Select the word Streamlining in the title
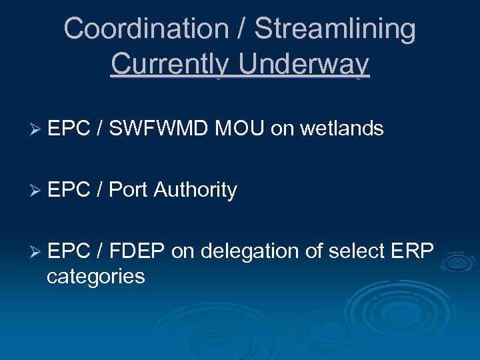[x=335, y=29]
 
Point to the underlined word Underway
[x=304, y=64]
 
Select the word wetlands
[x=342, y=128]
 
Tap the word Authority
[x=195, y=190]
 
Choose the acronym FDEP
[x=137, y=251]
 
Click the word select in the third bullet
[x=359, y=251]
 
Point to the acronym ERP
[x=413, y=251]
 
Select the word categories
[x=95, y=275]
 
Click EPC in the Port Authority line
[x=69, y=190]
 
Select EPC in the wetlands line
[x=69, y=128]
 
